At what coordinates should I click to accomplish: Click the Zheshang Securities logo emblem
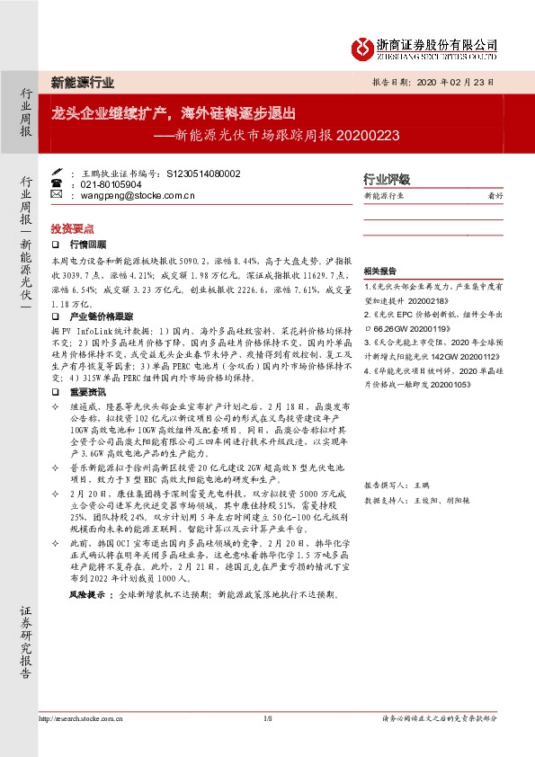pos(361,48)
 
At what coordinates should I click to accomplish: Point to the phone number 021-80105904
pos(111,183)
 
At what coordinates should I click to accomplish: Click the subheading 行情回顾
pos(88,244)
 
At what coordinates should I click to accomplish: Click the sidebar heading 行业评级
pos(386,179)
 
